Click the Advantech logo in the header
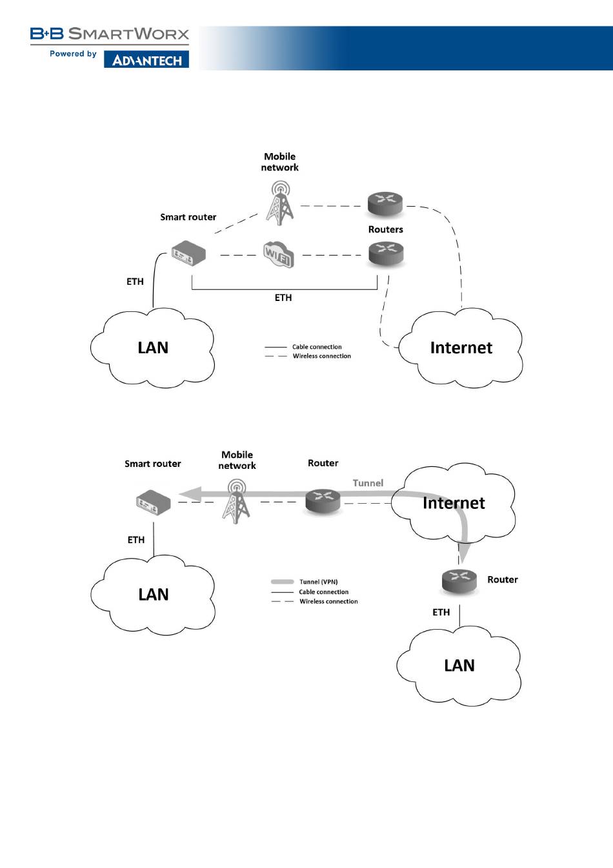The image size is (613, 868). (x=146, y=59)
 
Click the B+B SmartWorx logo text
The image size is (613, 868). (x=110, y=34)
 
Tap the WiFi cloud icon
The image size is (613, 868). (x=278, y=254)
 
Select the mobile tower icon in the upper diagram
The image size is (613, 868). (x=279, y=203)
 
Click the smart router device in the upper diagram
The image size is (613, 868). (x=188, y=253)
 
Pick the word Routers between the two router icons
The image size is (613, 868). (x=385, y=229)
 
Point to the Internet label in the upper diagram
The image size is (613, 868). (x=461, y=347)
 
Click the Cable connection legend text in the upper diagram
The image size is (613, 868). (x=317, y=347)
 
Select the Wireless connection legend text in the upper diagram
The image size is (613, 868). (x=321, y=356)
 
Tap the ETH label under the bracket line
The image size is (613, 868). (x=283, y=298)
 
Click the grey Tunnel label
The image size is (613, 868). (x=368, y=483)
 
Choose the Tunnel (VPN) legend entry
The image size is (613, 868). (x=318, y=582)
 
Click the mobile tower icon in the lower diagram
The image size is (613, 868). (x=236, y=501)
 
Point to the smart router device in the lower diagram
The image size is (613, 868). (x=154, y=503)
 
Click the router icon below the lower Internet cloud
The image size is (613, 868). (x=459, y=581)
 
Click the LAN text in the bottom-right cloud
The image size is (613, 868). (x=459, y=665)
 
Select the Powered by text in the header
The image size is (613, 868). (x=73, y=54)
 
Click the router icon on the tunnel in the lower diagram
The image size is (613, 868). (x=323, y=501)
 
